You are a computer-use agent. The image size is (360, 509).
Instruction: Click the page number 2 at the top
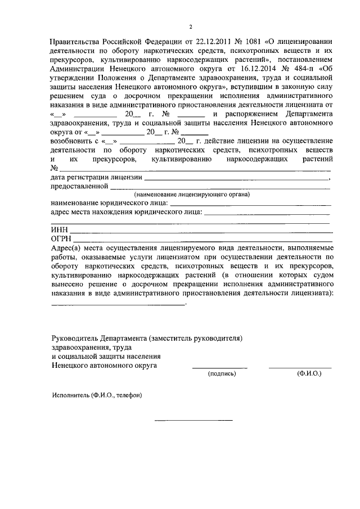click(191, 26)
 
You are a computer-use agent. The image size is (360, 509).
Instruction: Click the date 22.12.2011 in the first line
click(211, 42)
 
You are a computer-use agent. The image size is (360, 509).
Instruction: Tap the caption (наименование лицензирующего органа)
click(192, 195)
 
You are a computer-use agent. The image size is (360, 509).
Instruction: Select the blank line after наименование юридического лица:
click(250, 203)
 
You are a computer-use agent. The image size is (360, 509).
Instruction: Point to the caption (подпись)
click(220, 373)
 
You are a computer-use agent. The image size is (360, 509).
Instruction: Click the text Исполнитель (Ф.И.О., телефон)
click(97, 395)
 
